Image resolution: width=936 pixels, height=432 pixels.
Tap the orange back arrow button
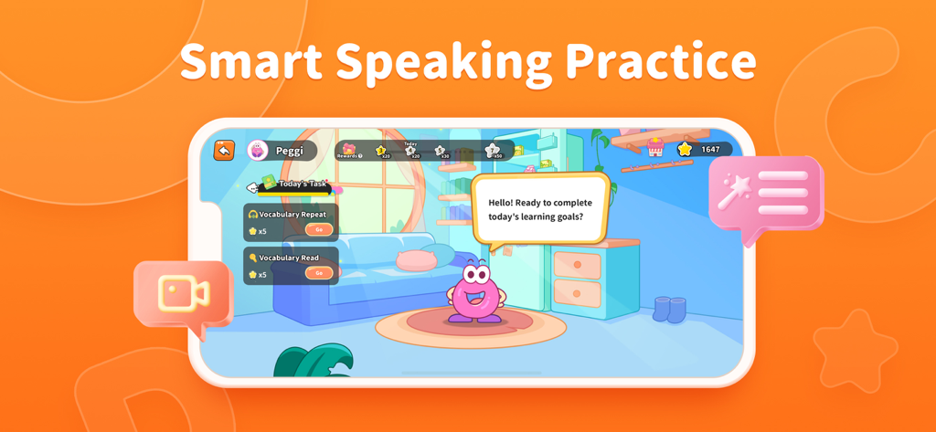[x=224, y=151]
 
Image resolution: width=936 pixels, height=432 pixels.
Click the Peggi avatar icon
[x=259, y=151]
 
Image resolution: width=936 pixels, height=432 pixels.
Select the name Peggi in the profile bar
[x=289, y=151]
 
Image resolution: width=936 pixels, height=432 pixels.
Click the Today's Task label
[x=302, y=184]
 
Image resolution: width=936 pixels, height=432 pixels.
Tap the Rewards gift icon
[x=348, y=149]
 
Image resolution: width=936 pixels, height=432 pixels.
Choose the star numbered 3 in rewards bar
[x=381, y=151]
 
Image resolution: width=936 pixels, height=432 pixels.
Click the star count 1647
[x=710, y=149]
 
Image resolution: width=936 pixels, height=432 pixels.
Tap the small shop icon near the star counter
[x=655, y=147]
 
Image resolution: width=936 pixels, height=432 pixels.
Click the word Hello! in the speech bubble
[x=502, y=203]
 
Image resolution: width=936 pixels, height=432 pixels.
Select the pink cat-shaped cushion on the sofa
[x=416, y=258]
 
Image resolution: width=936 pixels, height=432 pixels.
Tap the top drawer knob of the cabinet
[x=578, y=265]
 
